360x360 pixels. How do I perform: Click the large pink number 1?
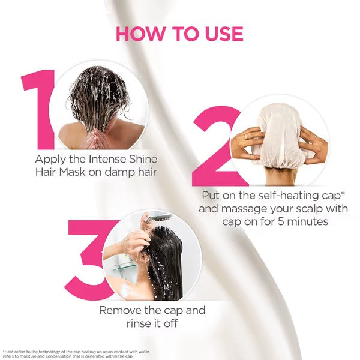click(38, 110)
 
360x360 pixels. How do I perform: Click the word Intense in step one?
click(107, 159)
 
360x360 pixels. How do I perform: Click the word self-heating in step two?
click(287, 196)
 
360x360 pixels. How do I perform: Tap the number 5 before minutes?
click(281, 221)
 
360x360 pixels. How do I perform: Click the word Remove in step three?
click(120, 310)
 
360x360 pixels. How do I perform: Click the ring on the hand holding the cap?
click(246, 137)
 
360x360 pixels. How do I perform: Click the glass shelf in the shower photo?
click(124, 267)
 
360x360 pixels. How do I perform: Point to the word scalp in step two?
click(311, 209)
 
